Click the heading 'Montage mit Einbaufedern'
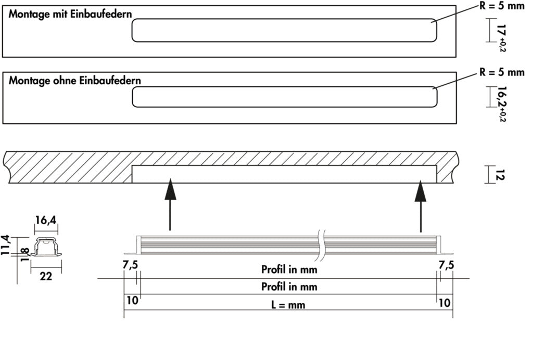[70, 15]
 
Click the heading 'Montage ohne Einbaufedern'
[75, 81]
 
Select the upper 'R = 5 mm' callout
[502, 6]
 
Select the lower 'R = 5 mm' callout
[502, 72]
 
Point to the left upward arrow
[170, 203]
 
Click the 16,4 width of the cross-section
[46, 221]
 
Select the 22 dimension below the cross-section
[46, 276]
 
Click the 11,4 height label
[5, 246]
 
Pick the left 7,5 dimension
[130, 265]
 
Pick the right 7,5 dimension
[446, 265]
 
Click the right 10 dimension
[445, 302]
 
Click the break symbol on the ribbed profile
[322, 243]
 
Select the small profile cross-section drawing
[46, 248]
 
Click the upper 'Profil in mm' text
[289, 269]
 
